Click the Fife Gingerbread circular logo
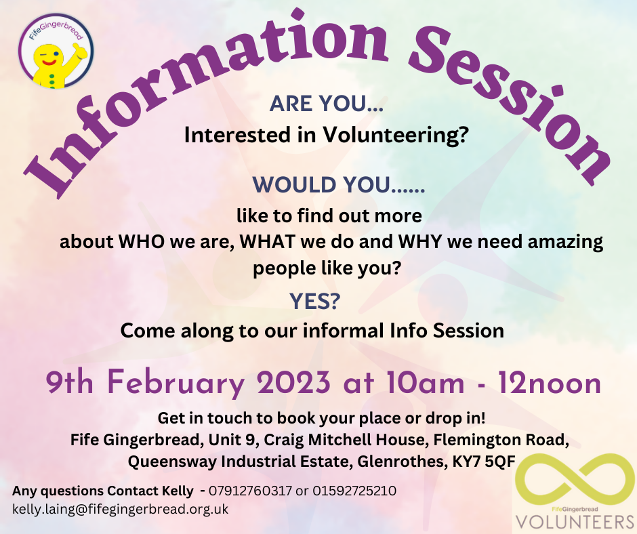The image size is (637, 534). (x=56, y=50)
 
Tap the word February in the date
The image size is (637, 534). (x=176, y=384)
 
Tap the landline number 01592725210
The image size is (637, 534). (x=354, y=490)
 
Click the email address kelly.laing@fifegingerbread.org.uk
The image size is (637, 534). (x=120, y=508)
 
